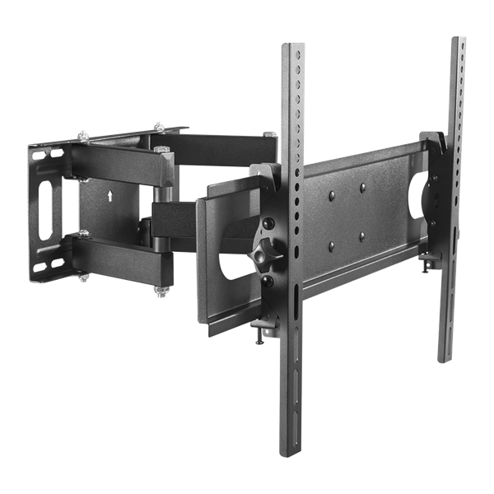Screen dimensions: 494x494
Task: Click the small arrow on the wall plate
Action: [x=109, y=195]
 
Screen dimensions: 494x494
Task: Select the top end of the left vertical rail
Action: [x=293, y=48]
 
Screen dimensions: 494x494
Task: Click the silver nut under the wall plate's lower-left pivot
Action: [x=84, y=278]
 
